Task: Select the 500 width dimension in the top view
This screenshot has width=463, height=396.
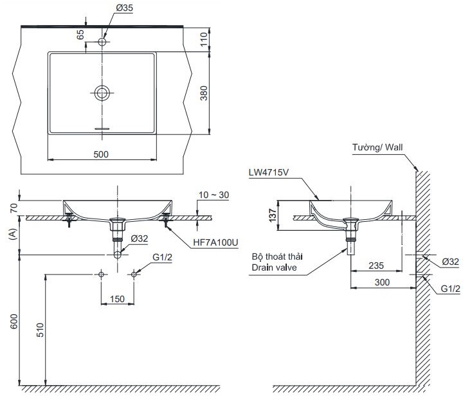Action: click(102, 154)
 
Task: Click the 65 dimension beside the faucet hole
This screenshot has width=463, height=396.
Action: click(80, 34)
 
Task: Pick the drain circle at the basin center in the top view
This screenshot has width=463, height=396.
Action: click(102, 93)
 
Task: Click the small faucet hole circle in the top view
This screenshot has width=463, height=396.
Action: click(102, 42)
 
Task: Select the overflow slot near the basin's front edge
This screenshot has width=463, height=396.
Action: click(102, 128)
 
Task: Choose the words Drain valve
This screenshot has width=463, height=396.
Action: click(274, 267)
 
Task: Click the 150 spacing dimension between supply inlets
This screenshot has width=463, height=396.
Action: click(118, 298)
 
